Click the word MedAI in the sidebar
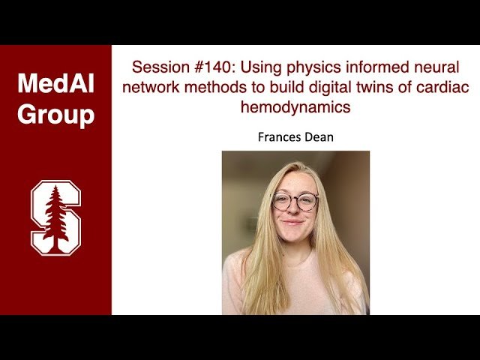pyautogui.click(x=55, y=83)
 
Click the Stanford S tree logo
pyautogui.click(x=55, y=217)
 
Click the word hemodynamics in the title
pyautogui.click(x=295, y=107)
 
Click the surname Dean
pyautogui.click(x=319, y=137)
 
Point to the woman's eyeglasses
pyautogui.click(x=295, y=201)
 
